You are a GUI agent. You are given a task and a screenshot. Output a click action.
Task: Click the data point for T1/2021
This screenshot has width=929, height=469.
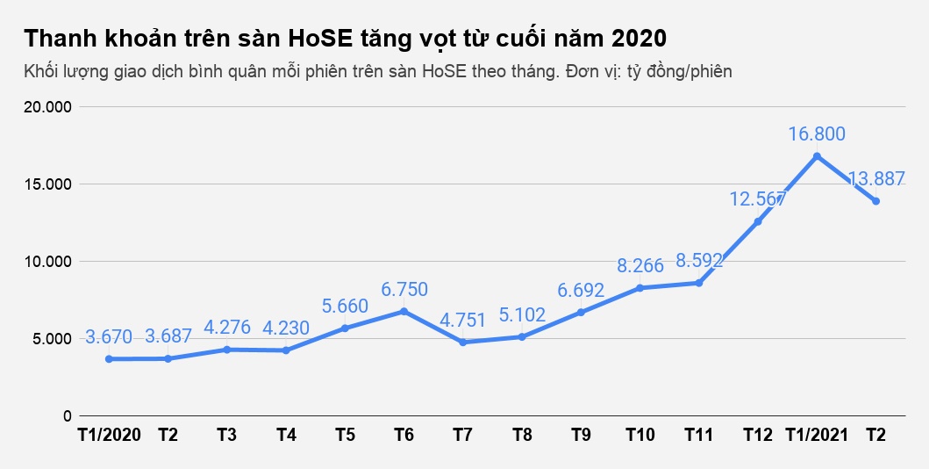[x=817, y=156]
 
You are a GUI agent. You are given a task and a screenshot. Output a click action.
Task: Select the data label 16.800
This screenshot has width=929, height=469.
[x=817, y=133]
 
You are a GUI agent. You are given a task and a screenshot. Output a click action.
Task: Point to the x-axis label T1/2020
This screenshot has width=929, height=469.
[x=108, y=436]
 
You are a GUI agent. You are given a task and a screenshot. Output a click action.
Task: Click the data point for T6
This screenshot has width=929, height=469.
[x=404, y=311]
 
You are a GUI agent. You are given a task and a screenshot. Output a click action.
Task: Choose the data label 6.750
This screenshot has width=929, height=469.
[x=404, y=289]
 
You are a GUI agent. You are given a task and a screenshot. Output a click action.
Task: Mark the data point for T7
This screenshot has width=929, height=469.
[x=462, y=342]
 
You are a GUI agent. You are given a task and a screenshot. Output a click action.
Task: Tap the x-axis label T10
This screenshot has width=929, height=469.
[x=640, y=436]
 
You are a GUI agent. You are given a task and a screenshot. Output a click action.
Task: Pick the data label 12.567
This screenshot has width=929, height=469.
[x=758, y=198]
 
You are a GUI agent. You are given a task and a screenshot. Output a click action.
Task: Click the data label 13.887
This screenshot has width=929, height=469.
[x=876, y=178]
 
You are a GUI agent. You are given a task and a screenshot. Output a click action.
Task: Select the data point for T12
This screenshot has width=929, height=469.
[x=758, y=221]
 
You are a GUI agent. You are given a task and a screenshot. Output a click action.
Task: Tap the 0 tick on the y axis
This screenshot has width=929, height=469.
[x=67, y=415]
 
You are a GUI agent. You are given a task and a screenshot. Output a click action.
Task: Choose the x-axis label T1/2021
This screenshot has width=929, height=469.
[x=816, y=436]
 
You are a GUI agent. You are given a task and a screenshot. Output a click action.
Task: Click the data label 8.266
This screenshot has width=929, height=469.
[x=640, y=265]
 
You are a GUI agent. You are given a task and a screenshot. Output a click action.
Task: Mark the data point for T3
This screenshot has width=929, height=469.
[x=226, y=350]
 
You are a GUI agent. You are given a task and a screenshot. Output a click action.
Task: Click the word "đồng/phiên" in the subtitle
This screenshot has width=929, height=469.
[x=692, y=72]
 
